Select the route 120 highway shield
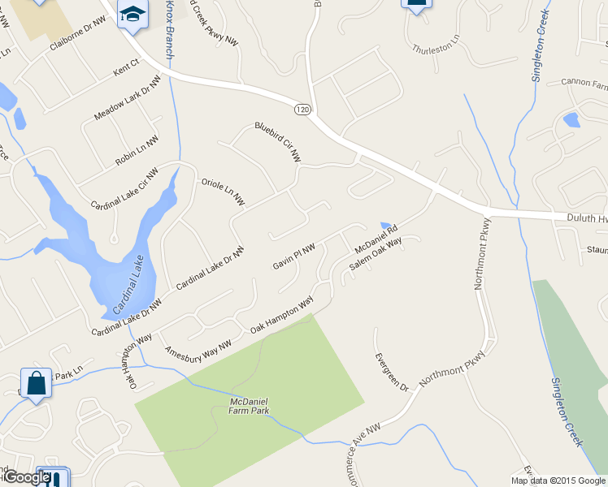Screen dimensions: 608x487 [302, 109]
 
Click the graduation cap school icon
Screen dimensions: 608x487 [132, 14]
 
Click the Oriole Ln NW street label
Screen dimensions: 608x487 [223, 192]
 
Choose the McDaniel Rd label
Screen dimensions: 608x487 [374, 237]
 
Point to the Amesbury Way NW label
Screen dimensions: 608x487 [198, 348]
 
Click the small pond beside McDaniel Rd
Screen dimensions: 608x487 [385, 226]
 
